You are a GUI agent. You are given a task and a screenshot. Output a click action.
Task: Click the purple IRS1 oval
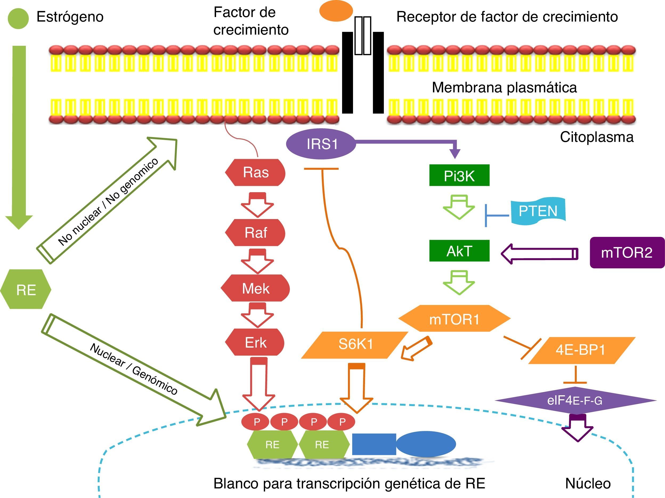(x=321, y=144)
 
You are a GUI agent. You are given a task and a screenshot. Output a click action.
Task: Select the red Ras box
(x=255, y=173)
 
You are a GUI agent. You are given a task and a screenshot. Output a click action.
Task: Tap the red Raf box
(x=255, y=232)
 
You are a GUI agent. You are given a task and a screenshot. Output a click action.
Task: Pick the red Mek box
(x=255, y=288)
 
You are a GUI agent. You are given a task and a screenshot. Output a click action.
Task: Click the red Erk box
(x=255, y=342)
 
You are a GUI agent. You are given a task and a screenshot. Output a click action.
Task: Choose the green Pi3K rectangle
(x=459, y=175)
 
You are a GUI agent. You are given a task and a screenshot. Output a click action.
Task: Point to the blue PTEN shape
(x=538, y=210)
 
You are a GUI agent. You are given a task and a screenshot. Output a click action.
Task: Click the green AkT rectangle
(x=459, y=251)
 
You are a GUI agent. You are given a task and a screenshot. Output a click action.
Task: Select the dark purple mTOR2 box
(x=627, y=252)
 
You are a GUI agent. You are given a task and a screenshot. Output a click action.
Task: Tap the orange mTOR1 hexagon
(x=454, y=319)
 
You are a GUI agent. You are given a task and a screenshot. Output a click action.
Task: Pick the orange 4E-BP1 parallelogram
(x=581, y=350)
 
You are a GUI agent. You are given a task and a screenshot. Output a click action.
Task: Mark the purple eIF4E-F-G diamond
(x=575, y=400)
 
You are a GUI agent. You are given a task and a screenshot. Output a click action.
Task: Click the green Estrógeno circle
(x=18, y=18)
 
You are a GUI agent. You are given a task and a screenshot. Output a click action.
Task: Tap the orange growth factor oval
(x=336, y=11)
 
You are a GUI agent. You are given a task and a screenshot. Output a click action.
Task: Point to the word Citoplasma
(x=597, y=137)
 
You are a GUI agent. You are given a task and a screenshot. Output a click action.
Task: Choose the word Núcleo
(x=588, y=483)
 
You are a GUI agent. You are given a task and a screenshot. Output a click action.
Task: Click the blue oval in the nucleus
(x=426, y=444)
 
